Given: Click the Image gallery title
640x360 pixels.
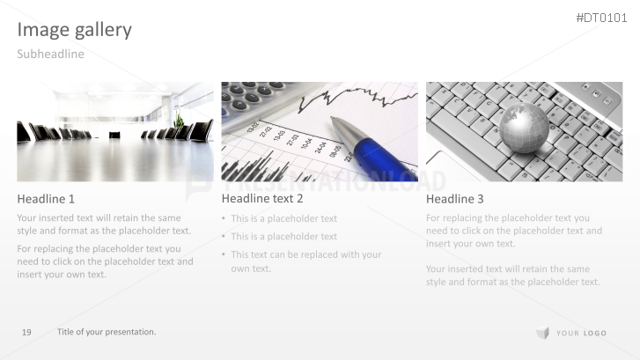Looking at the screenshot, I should pos(75,30).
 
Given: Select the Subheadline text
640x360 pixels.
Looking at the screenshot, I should pos(51,55).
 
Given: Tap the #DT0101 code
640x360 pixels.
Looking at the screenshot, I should pos(602,18).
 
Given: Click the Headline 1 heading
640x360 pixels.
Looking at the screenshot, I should pos(46,199).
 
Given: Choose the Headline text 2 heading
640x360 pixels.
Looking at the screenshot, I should pos(262,199).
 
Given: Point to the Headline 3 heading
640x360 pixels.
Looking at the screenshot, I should pos(455,199).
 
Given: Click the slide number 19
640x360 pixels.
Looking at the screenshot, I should pos(26,332).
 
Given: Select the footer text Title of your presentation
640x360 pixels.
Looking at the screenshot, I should pos(107,332).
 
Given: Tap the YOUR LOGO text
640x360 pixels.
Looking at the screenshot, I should pos(581,334).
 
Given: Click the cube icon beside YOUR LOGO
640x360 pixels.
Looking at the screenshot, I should pos(542,333).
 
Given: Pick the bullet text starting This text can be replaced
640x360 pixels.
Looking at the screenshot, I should pos(305,261).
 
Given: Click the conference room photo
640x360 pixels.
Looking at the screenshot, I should pos(114,132).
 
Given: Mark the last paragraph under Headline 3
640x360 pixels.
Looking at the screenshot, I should pos(513,276).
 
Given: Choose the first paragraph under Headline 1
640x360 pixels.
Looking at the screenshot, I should pos(104,224).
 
